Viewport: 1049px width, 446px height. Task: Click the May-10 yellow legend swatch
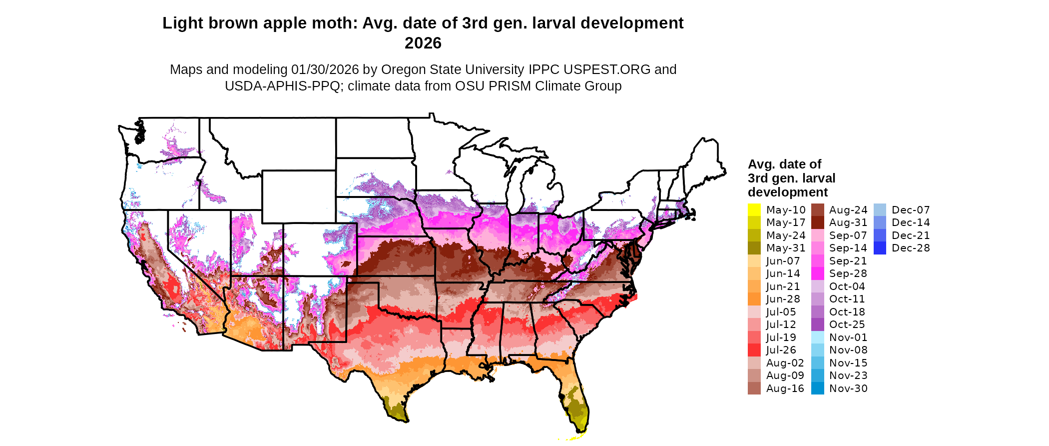(754, 210)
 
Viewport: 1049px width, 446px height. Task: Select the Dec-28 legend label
(911, 248)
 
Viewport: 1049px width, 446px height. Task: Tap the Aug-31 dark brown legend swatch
(817, 222)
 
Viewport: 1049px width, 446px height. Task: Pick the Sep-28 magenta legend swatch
(817, 273)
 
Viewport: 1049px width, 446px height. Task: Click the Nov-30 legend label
(848, 388)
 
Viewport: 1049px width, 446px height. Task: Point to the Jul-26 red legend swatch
(754, 350)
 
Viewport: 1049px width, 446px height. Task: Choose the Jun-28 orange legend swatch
(754, 299)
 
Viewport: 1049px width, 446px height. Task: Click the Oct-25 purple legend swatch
(817, 324)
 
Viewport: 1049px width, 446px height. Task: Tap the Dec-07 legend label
(911, 210)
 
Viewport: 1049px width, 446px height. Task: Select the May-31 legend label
(786, 248)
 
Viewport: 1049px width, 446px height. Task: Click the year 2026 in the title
(423, 43)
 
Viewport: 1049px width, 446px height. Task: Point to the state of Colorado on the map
(320, 249)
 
